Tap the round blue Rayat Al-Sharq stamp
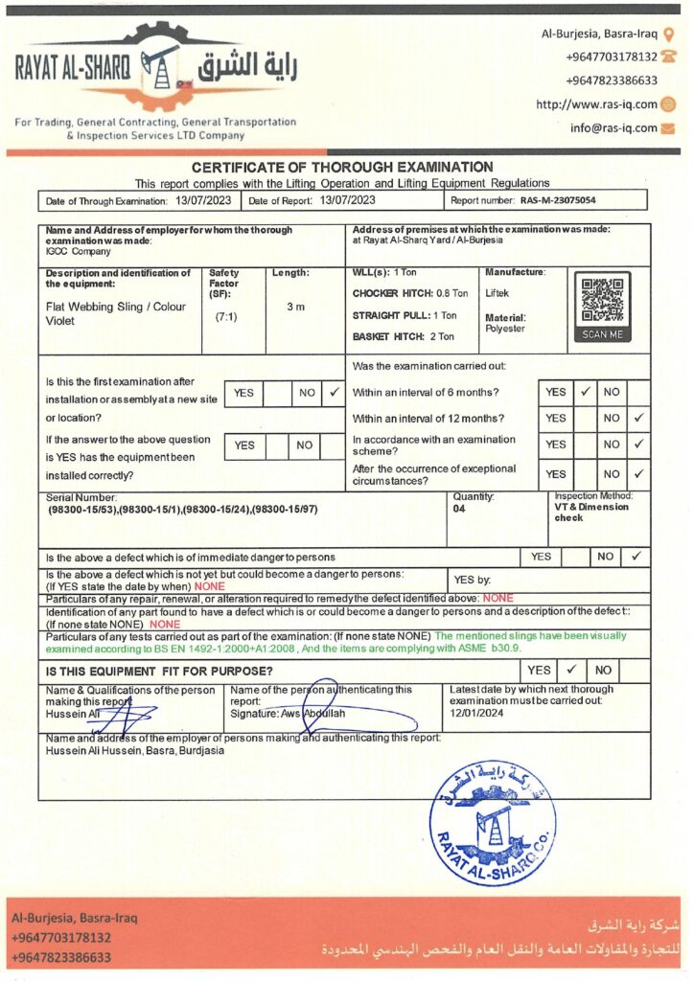click(493, 822)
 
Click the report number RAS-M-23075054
click(558, 201)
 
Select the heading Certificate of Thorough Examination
click(342, 167)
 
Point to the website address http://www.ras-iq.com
click(596, 104)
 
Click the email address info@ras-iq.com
click(613, 127)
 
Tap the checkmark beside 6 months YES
click(585, 392)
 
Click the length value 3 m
click(296, 308)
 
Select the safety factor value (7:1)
click(226, 315)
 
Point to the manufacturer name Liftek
click(498, 293)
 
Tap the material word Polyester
click(505, 329)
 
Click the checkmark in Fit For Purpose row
click(569, 671)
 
